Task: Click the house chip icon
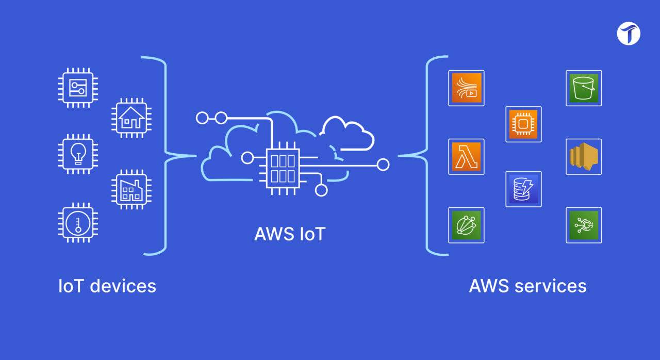point(131,118)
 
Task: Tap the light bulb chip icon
point(78,154)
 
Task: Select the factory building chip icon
point(131,189)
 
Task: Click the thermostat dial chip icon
point(78,223)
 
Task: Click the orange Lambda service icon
point(466,157)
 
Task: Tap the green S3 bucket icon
point(584,88)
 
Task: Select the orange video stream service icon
point(466,88)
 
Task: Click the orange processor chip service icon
point(523,124)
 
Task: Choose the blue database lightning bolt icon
point(523,189)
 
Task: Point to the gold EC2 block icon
point(584,157)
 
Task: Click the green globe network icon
point(466,225)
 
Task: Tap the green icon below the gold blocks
point(584,225)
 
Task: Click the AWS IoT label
point(290,234)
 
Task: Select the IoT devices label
point(107,286)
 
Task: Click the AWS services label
point(527,286)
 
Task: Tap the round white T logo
point(629,34)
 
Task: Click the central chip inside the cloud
point(283,168)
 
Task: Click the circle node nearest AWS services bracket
point(383,165)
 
